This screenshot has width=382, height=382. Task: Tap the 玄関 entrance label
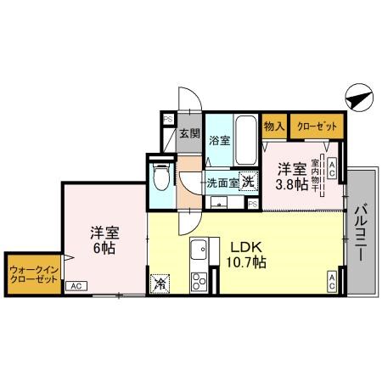click(x=189, y=134)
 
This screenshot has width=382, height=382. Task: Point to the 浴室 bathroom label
click(x=219, y=140)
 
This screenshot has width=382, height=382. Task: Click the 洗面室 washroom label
click(x=219, y=181)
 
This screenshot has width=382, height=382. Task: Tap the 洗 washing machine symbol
click(x=248, y=180)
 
